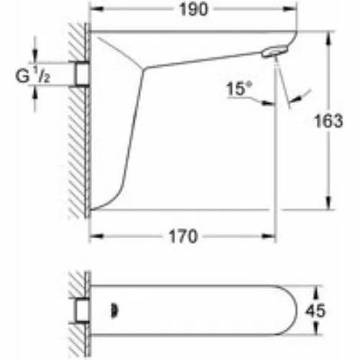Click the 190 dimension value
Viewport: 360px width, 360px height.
[x=194, y=9]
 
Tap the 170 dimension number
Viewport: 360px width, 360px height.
[x=183, y=236]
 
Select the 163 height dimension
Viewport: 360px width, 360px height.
[x=328, y=121]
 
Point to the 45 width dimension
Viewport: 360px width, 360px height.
[x=315, y=310]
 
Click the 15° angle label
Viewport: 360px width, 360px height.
[x=239, y=89]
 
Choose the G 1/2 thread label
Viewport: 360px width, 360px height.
[x=33, y=76]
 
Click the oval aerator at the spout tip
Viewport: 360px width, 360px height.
[x=274, y=52]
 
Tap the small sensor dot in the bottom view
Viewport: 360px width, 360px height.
[x=114, y=311]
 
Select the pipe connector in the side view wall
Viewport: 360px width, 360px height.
[x=82, y=73]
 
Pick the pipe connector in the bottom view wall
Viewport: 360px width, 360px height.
[x=82, y=310]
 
